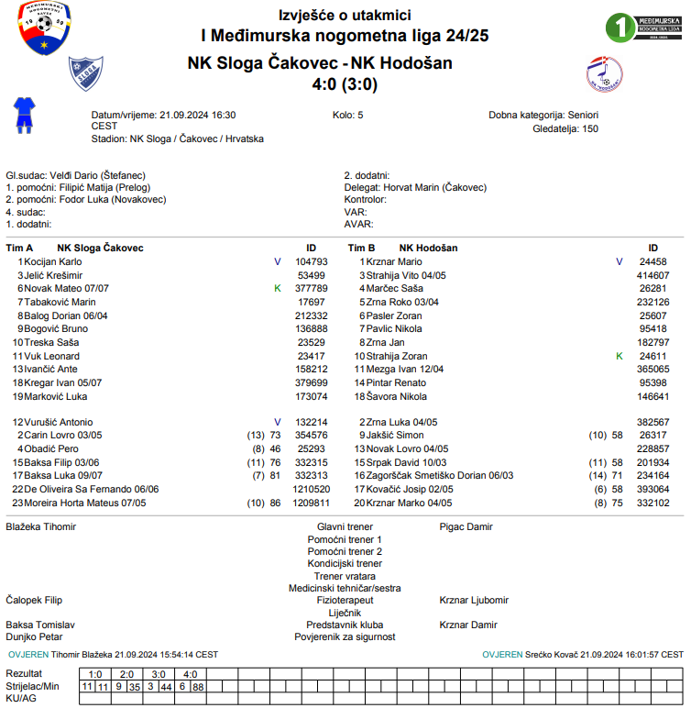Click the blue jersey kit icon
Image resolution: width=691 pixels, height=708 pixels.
pyautogui.click(x=23, y=115)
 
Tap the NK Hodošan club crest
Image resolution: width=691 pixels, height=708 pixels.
pyautogui.click(x=604, y=72)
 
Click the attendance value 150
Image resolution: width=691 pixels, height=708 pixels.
pyautogui.click(x=590, y=129)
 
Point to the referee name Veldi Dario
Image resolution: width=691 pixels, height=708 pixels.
pyautogui.click(x=76, y=175)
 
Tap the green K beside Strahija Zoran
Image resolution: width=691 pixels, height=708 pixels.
pyautogui.click(x=619, y=356)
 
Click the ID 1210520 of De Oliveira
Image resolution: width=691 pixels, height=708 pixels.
pyautogui.click(x=311, y=490)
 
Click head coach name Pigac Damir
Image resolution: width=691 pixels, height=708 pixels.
pyautogui.click(x=466, y=527)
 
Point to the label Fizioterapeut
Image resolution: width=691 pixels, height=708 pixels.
pyautogui.click(x=345, y=600)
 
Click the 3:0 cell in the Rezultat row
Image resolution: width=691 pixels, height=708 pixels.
pyautogui.click(x=159, y=674)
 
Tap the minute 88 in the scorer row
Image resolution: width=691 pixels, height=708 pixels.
pyautogui.click(x=198, y=686)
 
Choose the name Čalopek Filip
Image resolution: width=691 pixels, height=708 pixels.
pyautogui.click(x=34, y=600)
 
